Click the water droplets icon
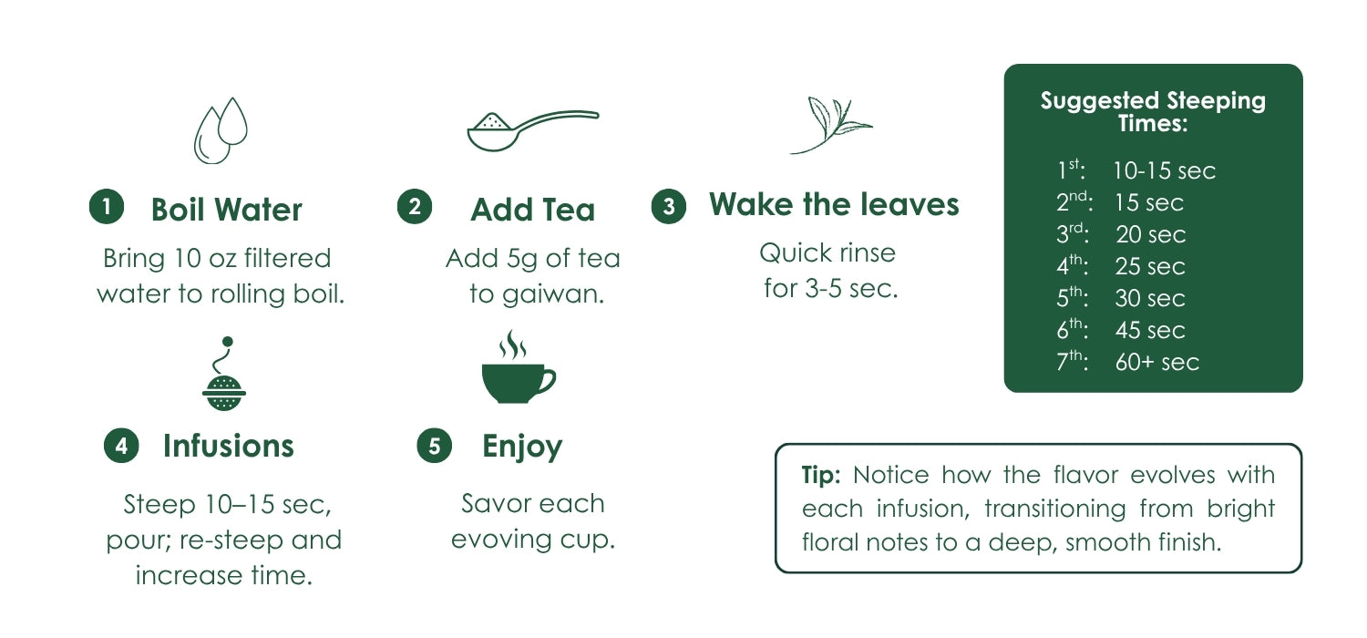pos(221,130)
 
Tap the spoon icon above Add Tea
pos(533,130)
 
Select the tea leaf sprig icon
pos(830,125)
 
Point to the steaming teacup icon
pos(519,367)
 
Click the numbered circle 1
pos(107,206)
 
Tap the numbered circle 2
pos(415,206)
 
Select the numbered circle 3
pos(668,206)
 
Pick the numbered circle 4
pos(121,446)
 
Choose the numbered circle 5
pos(434,446)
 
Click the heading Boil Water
pos(226,210)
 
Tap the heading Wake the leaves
pos(834,204)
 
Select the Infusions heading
pos(228,446)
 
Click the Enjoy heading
pos(522,447)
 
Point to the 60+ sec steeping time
pos(1157,362)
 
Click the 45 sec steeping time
pos(1150,330)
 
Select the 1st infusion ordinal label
pos(1071,170)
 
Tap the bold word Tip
pos(821,475)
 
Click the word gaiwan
pos(553,295)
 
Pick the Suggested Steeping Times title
pos(1153,112)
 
